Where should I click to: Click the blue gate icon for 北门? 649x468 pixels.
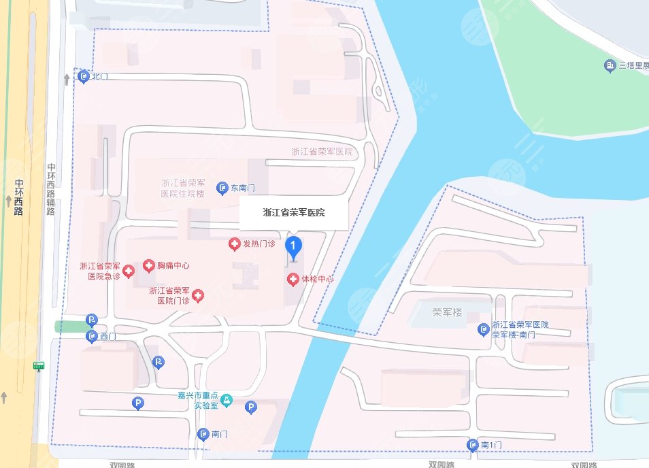coord(84,76)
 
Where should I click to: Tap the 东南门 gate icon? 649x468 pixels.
coord(222,188)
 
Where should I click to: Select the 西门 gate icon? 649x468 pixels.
coord(92,336)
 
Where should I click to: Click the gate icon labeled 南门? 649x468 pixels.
coord(203,434)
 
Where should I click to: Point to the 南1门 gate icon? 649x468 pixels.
coord(473,445)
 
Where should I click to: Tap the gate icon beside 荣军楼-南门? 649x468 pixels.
coord(483,329)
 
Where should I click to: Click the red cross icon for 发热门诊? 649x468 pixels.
coord(233,244)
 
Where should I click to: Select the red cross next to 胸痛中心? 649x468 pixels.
coord(148,265)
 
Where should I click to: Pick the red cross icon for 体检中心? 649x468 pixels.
coord(293,279)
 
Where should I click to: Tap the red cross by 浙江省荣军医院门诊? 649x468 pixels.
coord(197,295)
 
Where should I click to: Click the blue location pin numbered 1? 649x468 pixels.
coord(293,246)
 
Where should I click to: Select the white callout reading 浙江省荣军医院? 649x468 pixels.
coord(294,213)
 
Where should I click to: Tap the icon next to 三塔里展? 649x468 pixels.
coord(610,66)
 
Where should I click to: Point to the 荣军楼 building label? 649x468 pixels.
coord(447,313)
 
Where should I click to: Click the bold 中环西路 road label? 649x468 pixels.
coord(18,197)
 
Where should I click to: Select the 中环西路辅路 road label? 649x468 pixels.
coord(51,188)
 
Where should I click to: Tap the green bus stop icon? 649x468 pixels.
coord(39,366)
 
